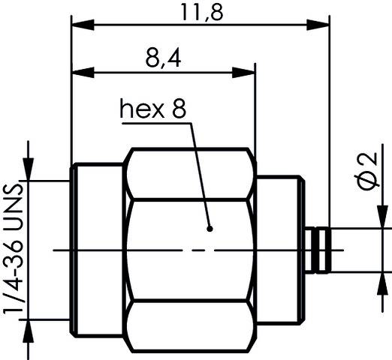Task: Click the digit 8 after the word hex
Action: (178, 110)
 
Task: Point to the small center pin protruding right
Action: (320, 250)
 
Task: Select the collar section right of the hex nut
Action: (279, 250)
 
